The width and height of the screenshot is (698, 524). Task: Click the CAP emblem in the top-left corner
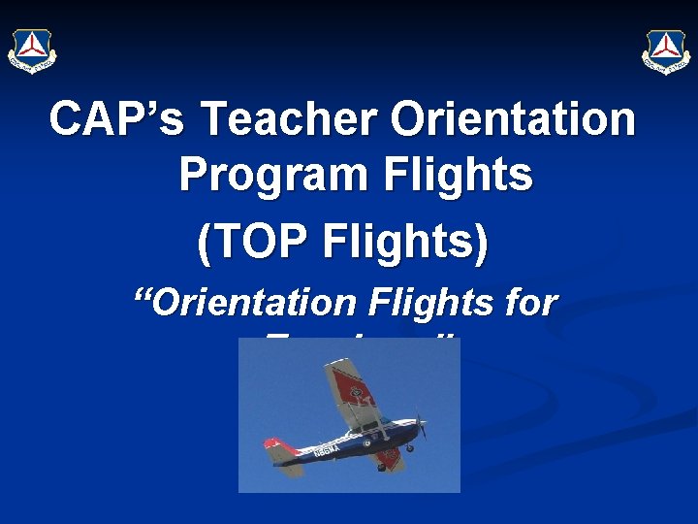[x=32, y=50]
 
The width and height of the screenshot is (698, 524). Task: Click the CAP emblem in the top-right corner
[x=666, y=50]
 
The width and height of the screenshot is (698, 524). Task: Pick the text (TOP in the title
[x=252, y=242]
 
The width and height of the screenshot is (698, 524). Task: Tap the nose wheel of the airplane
[x=411, y=448]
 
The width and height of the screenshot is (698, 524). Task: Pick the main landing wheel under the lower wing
[x=381, y=465]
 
